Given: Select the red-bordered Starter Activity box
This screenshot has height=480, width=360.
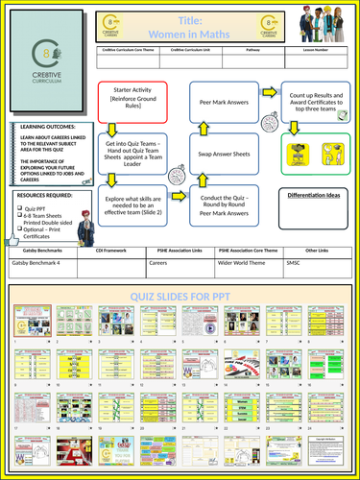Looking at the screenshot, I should pos(132,101).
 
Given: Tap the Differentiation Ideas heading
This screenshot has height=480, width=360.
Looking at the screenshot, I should pos(315,196).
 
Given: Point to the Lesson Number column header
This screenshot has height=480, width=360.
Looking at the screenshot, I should pos(321,59).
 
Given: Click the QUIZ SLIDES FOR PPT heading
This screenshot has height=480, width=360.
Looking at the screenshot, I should pos(180,297).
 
